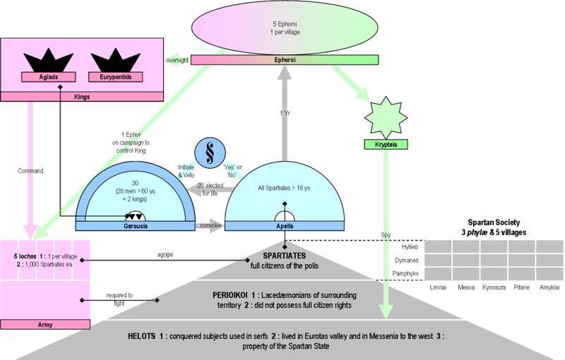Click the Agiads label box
tap(49, 76)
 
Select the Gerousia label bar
tap(133, 227)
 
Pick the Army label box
tap(47, 324)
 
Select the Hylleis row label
tap(412, 246)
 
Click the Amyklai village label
tap(549, 288)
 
